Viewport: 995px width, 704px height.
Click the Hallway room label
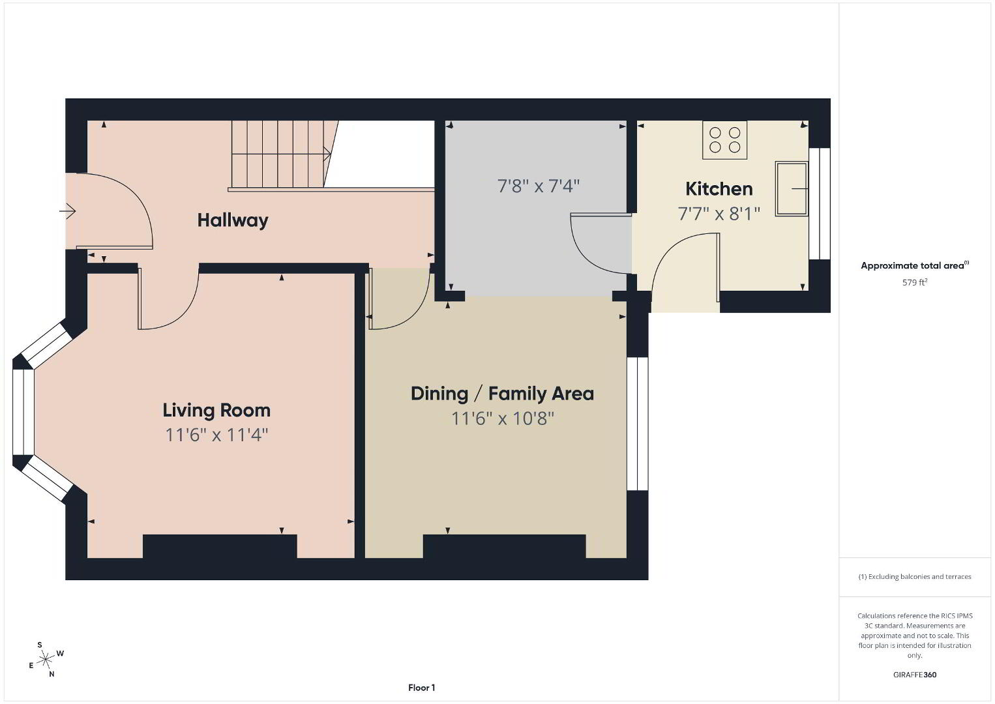pos(233,221)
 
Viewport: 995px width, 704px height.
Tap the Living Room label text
pos(216,410)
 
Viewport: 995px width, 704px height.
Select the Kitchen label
pos(719,189)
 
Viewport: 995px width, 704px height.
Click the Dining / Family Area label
pos(502,394)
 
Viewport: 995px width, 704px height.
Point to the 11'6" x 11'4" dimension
pos(216,435)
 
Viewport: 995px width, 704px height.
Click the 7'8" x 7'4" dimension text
pos(539,186)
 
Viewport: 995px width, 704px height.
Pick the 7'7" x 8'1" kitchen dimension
pos(719,214)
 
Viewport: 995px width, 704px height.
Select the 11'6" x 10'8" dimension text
pos(502,418)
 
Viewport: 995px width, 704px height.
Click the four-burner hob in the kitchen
pos(724,140)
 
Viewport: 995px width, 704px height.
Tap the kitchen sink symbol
pos(792,189)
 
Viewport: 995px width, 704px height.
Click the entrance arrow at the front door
pos(68,211)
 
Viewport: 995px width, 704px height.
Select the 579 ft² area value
pos(915,282)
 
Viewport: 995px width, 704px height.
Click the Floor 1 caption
pos(422,688)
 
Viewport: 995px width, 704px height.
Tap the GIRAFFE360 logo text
pos(915,675)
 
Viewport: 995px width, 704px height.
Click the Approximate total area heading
pos(915,265)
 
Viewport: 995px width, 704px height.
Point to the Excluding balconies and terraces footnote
pos(915,576)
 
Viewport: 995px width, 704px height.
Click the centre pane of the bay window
pos(23,412)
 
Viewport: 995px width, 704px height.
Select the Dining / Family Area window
pos(638,424)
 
